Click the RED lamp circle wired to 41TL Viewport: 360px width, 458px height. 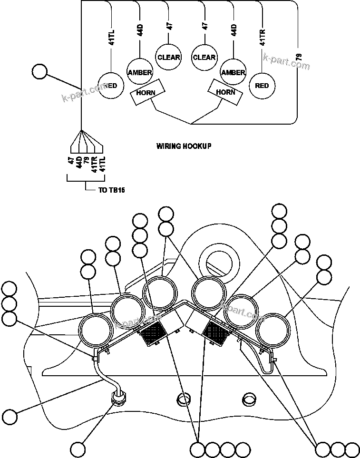click(x=110, y=86)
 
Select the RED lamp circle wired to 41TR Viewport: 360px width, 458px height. click(x=262, y=86)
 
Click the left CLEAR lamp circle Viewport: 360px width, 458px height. click(x=168, y=58)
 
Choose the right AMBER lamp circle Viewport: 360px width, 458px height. click(x=233, y=72)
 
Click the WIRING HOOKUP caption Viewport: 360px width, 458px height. click(x=184, y=146)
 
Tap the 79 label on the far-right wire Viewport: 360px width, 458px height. click(x=298, y=57)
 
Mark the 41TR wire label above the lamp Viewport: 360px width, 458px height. click(x=263, y=37)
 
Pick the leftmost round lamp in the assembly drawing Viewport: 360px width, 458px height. click(x=94, y=329)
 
